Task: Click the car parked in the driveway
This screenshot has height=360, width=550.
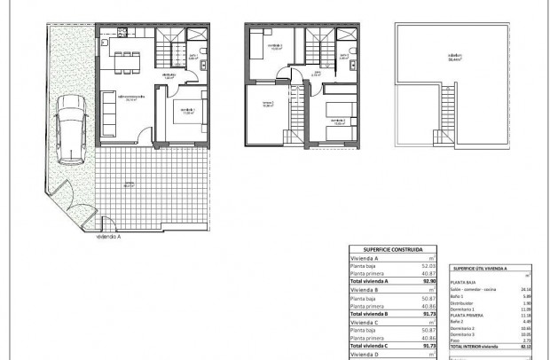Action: [69, 129]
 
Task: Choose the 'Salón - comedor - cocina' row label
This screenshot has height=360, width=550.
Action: [474, 289]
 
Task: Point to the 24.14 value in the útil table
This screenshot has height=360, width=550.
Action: [524, 289]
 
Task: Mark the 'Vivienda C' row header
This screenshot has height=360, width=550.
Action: [365, 323]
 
